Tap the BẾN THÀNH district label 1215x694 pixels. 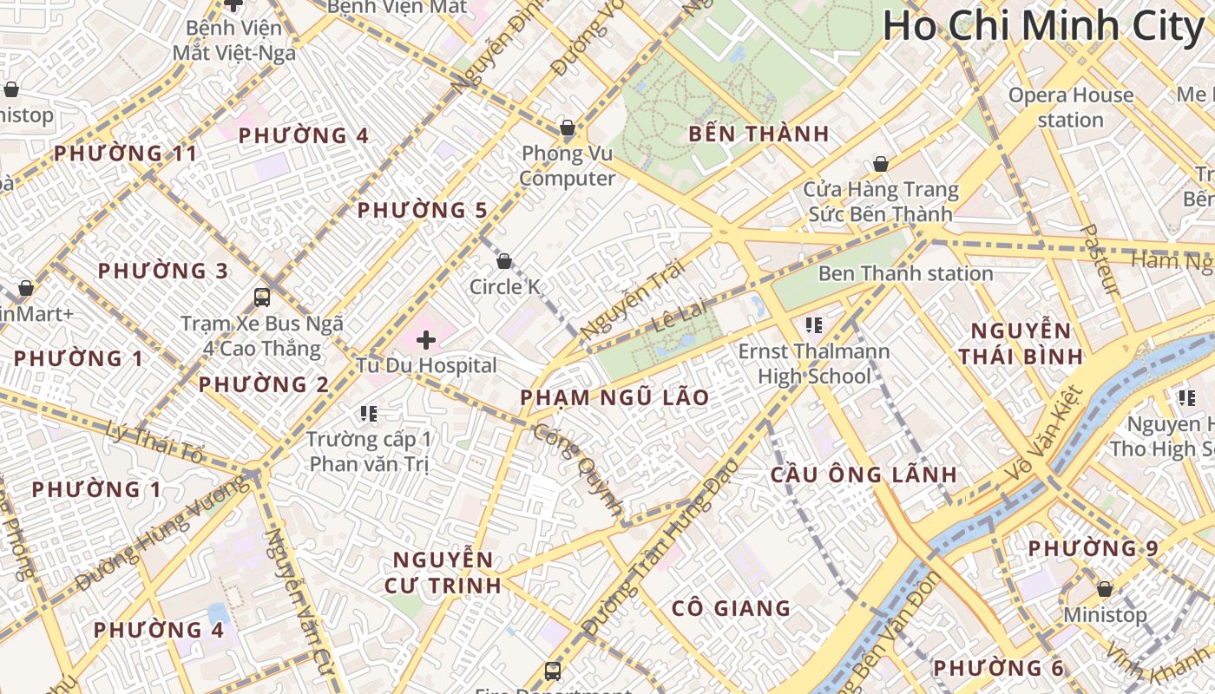(x=759, y=134)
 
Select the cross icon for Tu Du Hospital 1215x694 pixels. (x=426, y=340)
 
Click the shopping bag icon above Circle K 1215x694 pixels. (x=503, y=261)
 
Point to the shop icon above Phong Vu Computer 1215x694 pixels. (x=567, y=128)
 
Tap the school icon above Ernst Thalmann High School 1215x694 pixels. (x=813, y=325)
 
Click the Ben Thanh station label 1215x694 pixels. (x=905, y=273)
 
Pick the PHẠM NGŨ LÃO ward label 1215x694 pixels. (x=614, y=397)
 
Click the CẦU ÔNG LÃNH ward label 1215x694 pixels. (x=864, y=475)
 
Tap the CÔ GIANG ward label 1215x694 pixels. (x=731, y=608)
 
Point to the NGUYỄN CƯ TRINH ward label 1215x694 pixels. (x=443, y=572)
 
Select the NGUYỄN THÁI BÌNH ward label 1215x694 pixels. (x=1021, y=343)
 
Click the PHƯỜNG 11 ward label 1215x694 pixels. (x=125, y=154)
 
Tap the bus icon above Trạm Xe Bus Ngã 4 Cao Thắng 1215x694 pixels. (x=262, y=298)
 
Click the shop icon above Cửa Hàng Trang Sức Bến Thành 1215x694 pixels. (x=880, y=164)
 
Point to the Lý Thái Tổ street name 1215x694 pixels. (x=154, y=441)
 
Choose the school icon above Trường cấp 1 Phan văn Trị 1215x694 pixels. (x=369, y=414)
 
